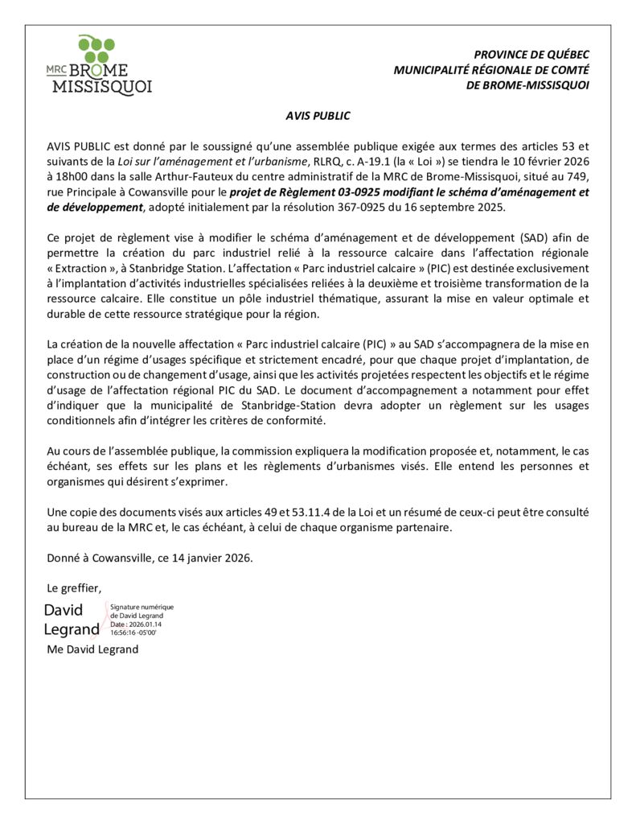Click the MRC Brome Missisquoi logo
pos(99,66)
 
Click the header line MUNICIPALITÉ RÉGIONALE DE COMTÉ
pos(490,70)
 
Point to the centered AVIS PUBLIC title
pos(318,116)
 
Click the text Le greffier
pos(74,587)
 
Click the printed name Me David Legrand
pos(92,649)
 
